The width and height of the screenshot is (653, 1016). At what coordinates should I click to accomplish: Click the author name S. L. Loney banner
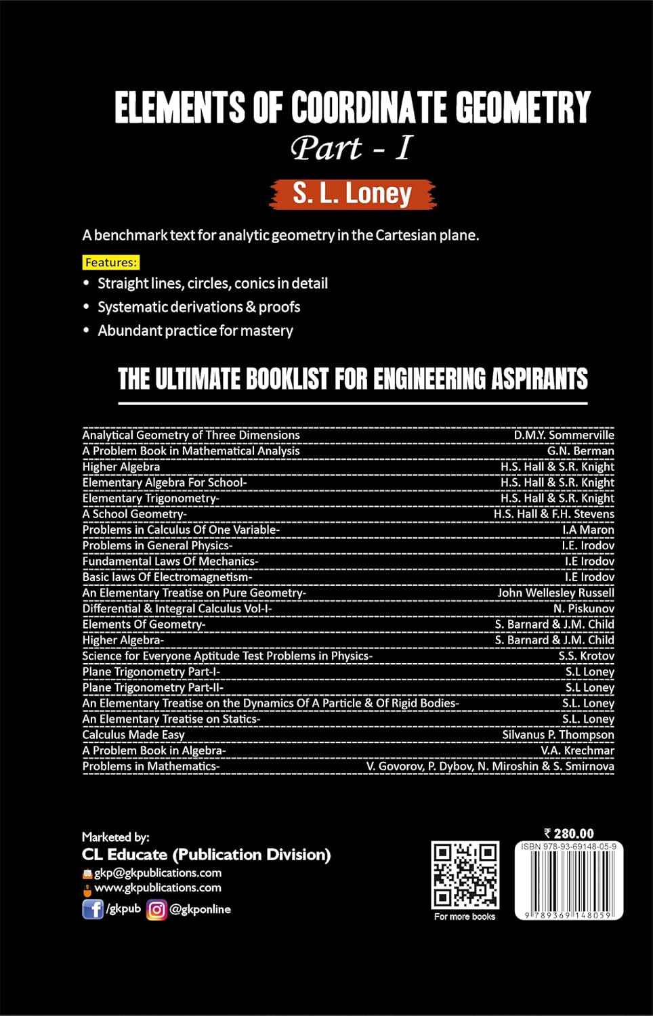(352, 194)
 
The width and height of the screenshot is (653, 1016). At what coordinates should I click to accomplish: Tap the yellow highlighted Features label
(111, 262)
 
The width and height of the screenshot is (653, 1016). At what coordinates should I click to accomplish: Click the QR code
(465, 875)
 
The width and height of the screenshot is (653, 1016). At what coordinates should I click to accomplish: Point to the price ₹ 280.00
(569, 833)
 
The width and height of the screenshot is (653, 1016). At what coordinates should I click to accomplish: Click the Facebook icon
(92, 909)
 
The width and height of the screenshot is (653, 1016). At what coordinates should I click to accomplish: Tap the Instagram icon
(156, 909)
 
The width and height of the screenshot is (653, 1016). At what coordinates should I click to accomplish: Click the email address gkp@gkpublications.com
(158, 872)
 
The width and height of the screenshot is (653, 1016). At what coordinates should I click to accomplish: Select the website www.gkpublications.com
(158, 887)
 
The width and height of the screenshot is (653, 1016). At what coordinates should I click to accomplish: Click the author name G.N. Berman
(581, 450)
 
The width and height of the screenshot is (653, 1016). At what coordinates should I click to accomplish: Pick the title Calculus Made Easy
(133, 734)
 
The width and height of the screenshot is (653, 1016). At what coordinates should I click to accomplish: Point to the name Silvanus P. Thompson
(558, 734)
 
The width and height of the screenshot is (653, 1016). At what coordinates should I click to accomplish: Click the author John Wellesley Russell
(555, 593)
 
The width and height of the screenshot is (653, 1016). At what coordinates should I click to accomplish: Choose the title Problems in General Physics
(156, 545)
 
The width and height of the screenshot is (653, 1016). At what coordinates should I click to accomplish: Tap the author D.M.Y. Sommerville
(564, 435)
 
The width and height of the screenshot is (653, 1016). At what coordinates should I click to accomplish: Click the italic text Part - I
(351, 148)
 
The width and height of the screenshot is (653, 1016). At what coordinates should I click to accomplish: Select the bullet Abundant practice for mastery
(195, 331)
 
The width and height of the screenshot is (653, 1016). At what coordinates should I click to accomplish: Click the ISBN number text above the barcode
(568, 847)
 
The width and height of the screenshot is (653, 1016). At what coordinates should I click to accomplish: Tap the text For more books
(465, 916)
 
